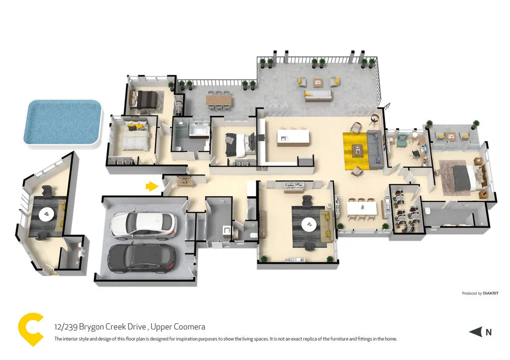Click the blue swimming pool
point(62,122)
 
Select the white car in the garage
point(143,225)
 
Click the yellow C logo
point(30,330)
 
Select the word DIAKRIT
point(492,293)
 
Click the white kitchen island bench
point(293,138)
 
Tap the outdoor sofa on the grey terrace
point(318,95)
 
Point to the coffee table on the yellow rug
point(358,149)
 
